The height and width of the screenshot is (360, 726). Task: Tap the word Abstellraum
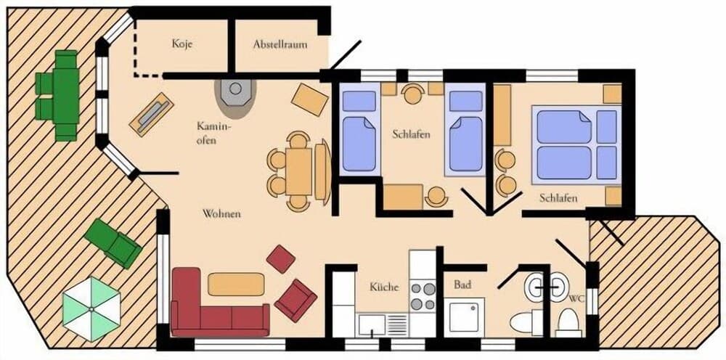(280, 44)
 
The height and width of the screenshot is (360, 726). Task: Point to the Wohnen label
(221, 215)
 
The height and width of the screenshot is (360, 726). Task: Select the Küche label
(384, 287)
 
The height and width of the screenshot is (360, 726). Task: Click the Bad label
(462, 285)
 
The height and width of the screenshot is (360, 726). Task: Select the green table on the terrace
(66, 95)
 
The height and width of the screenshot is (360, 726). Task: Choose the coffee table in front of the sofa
(236, 284)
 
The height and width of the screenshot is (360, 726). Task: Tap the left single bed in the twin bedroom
(359, 131)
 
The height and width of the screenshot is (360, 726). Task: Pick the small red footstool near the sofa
(281, 258)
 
